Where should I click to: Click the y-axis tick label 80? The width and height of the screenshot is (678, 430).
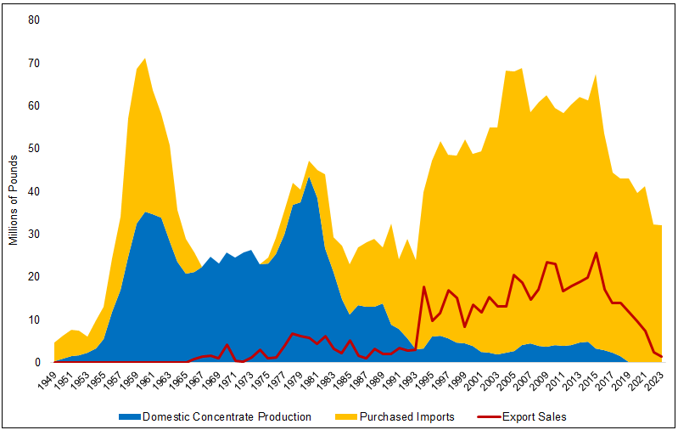click(34, 20)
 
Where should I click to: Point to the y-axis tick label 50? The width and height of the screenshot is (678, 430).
click(34, 148)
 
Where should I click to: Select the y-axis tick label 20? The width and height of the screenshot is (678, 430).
click(34, 276)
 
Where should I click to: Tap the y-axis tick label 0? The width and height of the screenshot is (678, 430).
click(37, 362)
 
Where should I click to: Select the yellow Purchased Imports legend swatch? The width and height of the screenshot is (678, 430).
click(350, 417)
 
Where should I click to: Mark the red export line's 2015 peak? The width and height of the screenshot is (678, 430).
click(597, 252)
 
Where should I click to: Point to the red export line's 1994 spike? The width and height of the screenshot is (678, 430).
click(423, 286)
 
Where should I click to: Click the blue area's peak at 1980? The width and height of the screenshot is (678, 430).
click(309, 177)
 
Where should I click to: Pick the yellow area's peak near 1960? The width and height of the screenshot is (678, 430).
click(145, 58)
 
